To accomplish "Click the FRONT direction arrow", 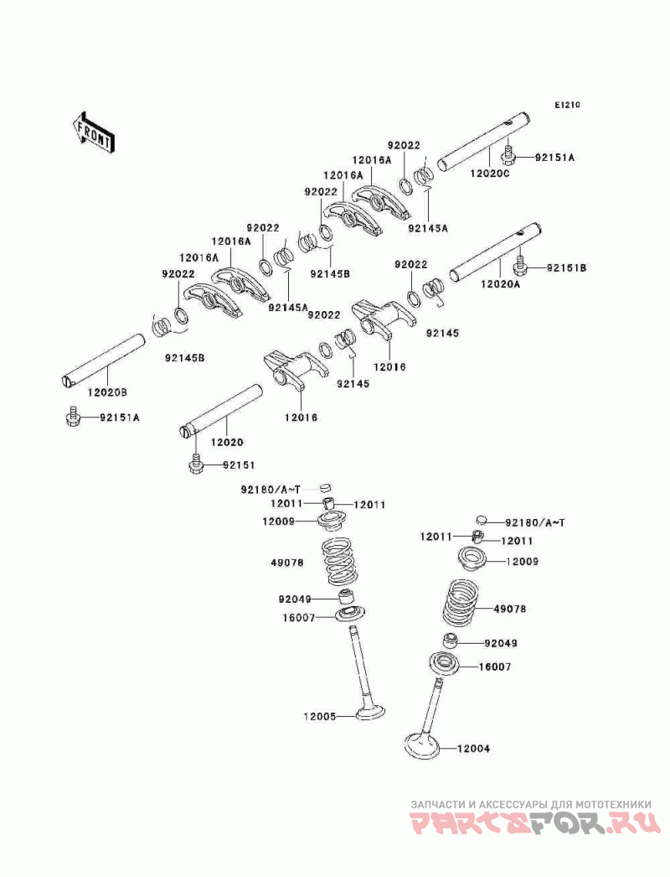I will (x=93, y=130).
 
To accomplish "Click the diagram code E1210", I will (x=566, y=106).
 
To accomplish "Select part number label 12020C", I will (x=489, y=174).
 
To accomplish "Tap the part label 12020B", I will (x=109, y=392).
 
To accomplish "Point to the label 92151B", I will (x=567, y=267).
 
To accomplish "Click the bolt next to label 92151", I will (x=194, y=464).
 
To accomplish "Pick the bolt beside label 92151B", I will (x=520, y=267).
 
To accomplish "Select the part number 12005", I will (x=320, y=716).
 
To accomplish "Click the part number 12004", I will (x=474, y=749).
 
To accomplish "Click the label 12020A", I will (x=500, y=285).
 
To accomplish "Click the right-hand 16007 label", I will (x=494, y=667).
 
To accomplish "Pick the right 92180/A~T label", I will (x=527, y=522).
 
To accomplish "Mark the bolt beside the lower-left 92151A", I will (x=72, y=417).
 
